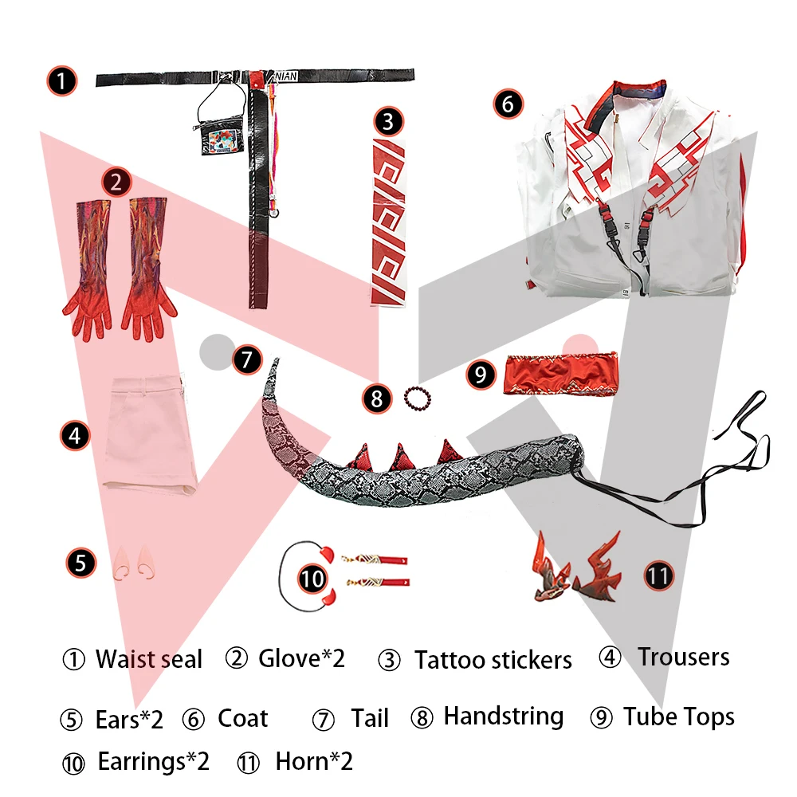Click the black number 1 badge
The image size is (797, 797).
tap(61, 80)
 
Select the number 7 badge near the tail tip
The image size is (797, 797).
tap(247, 359)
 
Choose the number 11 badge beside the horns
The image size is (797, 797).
tap(658, 575)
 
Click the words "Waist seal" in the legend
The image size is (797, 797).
tap(149, 659)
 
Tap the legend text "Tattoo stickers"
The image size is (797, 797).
tap(493, 660)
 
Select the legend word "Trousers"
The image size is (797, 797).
tap(683, 658)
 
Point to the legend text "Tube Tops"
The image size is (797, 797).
tap(678, 717)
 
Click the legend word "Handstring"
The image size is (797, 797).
tap(503, 716)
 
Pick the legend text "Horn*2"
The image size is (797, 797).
tap(314, 761)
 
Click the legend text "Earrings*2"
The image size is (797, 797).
tap(153, 761)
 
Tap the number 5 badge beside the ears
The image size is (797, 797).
tap(80, 563)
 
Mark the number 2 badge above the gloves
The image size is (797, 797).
tap(116, 183)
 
